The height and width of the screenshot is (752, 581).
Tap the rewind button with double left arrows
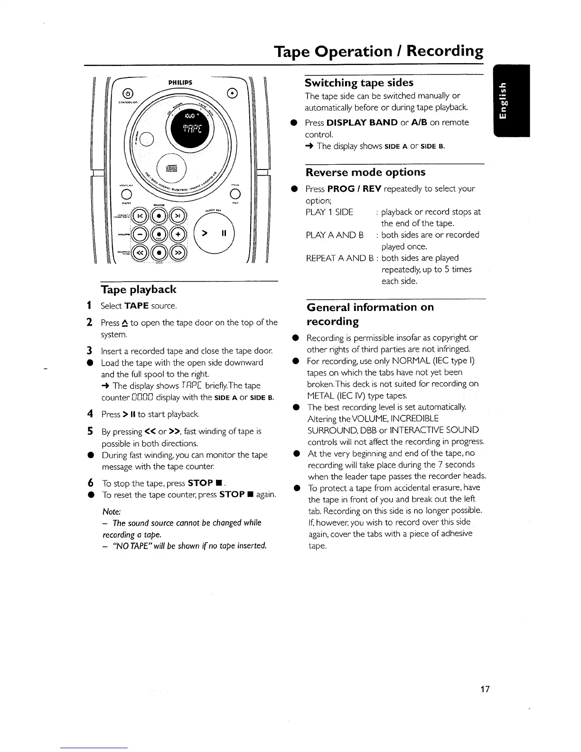pos(140,252)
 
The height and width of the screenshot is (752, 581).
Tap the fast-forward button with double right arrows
pos(180,252)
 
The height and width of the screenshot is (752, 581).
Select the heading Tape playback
pos(138,290)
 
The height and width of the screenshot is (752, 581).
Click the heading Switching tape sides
pos(359,83)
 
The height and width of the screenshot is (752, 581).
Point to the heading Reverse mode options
pos(365,172)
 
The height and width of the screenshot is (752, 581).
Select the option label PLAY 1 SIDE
pos(329,212)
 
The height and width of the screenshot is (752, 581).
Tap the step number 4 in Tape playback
pos(90,414)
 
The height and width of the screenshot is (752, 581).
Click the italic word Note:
pos(112,512)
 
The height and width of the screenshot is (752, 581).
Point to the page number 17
pos(484,689)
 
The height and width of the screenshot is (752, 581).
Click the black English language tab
pos(512,100)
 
